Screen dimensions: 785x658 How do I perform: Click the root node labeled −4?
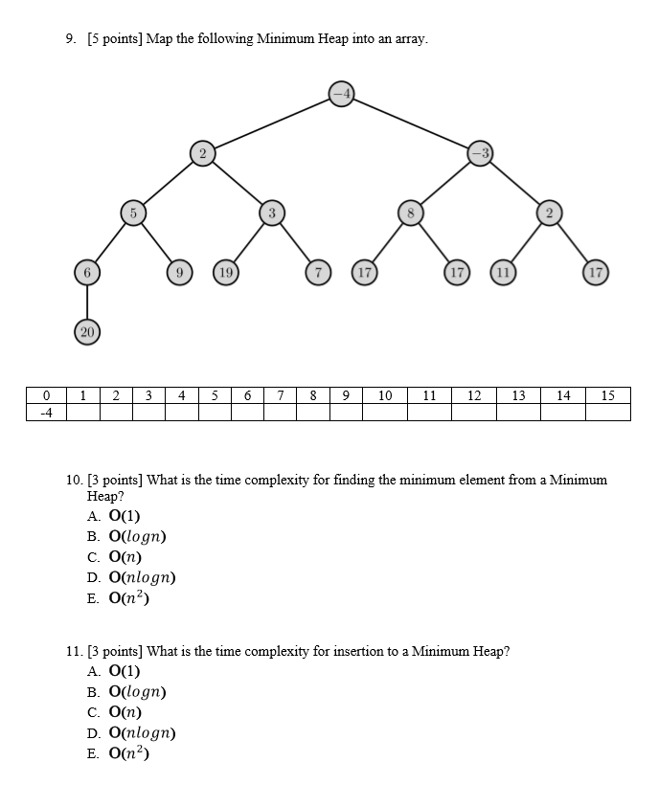click(x=342, y=93)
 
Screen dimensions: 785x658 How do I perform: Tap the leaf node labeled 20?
click(x=87, y=331)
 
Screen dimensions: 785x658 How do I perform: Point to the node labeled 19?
click(x=226, y=273)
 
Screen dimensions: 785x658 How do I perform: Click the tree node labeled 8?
click(x=411, y=213)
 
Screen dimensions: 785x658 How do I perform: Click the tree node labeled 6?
click(x=87, y=273)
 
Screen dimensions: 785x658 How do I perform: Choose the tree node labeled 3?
click(x=272, y=213)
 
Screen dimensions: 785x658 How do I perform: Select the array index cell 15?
click(x=607, y=395)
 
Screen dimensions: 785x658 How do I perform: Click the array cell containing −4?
click(x=46, y=413)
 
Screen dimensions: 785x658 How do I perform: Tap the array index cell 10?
click(x=385, y=395)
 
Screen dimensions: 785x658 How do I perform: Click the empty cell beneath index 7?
click(x=280, y=413)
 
